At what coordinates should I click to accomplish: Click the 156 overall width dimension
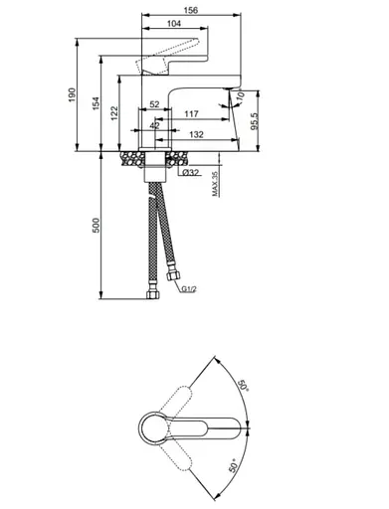pyautogui.click(x=191, y=10)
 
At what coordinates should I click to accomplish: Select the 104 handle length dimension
pyautogui.click(x=174, y=23)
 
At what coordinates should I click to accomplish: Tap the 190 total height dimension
pyautogui.click(x=73, y=94)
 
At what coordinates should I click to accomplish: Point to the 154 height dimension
pyautogui.click(x=96, y=103)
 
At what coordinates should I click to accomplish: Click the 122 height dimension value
pyautogui.click(x=114, y=113)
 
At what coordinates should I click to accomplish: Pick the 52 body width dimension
pyautogui.click(x=154, y=104)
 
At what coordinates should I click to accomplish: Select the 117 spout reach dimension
pyautogui.click(x=191, y=114)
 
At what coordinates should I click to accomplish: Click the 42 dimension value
pyautogui.click(x=154, y=125)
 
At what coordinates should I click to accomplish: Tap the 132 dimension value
pyautogui.click(x=196, y=134)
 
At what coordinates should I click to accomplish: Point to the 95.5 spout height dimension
pyautogui.click(x=254, y=121)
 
